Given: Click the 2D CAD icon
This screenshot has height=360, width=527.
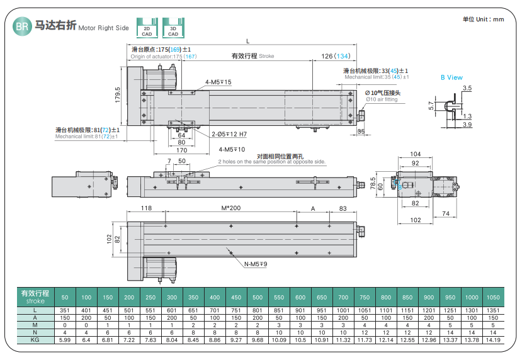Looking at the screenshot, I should (147, 29).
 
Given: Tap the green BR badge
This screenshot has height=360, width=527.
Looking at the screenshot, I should (21, 26).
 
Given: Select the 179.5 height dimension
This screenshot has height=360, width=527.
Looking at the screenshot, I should (117, 94).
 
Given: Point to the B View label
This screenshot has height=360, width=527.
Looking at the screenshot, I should (451, 77).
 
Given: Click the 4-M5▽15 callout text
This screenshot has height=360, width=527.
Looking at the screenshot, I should (218, 82).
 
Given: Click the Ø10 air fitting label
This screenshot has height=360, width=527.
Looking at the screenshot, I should (382, 99).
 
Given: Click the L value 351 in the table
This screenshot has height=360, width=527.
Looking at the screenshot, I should (65, 310).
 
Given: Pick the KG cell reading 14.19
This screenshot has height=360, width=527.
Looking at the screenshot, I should (494, 340).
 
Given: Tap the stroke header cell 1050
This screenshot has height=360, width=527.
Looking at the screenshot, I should (494, 296).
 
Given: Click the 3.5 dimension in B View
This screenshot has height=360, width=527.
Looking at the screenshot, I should (467, 88).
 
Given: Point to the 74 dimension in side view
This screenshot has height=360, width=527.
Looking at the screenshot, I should (445, 214).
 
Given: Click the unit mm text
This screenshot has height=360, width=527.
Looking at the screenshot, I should (484, 19).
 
